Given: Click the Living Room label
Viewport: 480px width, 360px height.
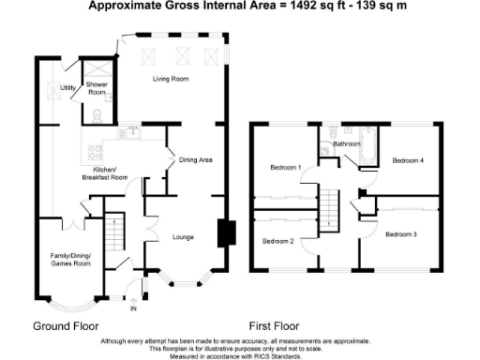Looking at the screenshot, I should (172, 79).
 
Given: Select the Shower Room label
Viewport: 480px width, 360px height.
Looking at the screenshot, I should (97, 89).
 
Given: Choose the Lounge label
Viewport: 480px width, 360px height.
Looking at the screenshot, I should (183, 237).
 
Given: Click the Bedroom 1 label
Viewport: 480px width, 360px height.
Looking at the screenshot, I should (285, 168).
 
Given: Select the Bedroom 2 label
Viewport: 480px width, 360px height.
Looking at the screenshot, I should (278, 241).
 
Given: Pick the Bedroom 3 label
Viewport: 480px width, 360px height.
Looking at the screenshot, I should (401, 233).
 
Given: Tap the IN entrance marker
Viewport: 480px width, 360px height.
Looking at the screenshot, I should (133, 307).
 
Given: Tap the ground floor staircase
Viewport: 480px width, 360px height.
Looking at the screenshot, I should (114, 232).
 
